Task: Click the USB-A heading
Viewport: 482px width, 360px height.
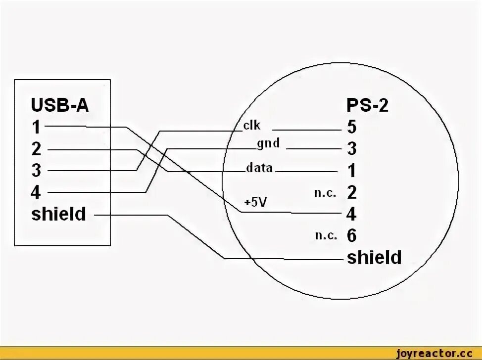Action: [x=60, y=105]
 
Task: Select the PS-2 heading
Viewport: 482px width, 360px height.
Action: [x=368, y=105]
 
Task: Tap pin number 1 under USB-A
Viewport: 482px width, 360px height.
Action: [x=36, y=127]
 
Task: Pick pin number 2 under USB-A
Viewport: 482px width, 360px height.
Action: [x=37, y=149]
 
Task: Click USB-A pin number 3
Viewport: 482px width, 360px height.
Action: [x=36, y=171]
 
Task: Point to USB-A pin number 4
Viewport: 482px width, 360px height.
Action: [x=36, y=192]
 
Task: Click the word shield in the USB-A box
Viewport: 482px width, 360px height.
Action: [x=58, y=214]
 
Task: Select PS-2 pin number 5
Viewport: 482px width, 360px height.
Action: [x=352, y=127]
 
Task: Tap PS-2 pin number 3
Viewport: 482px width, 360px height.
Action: [x=352, y=149]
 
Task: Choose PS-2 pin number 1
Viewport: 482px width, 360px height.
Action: [x=352, y=171]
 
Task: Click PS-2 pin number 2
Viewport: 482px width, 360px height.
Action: [x=352, y=192]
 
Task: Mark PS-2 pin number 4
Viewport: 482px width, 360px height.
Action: [x=352, y=214]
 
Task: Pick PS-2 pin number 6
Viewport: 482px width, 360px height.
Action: [x=352, y=236]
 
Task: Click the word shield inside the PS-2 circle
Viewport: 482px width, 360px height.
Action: [x=374, y=258]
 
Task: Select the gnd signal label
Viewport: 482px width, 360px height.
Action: [x=268, y=144]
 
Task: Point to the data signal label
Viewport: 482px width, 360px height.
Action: [x=259, y=168]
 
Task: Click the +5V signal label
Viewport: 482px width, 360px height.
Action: [x=255, y=202]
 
